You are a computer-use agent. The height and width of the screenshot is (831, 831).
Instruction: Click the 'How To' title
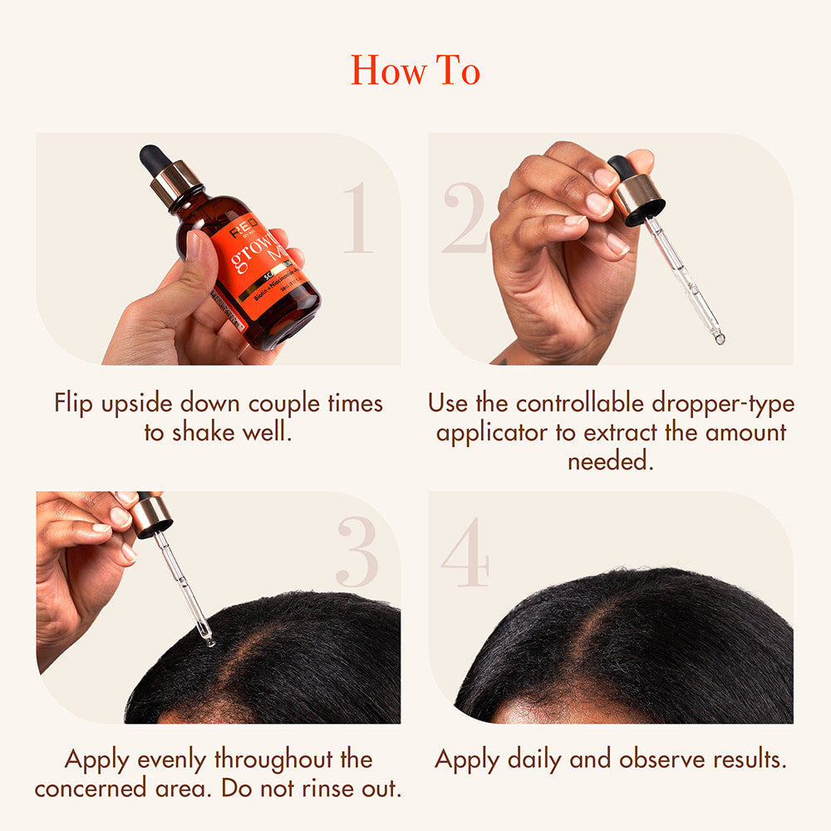click(415, 70)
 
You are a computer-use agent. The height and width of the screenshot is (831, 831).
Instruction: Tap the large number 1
click(358, 219)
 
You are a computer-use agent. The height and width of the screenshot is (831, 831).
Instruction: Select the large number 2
click(464, 219)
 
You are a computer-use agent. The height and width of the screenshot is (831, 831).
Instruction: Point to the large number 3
click(357, 553)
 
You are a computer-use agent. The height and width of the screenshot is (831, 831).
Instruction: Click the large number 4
click(465, 553)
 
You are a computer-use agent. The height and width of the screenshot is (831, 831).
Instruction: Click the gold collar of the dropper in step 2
click(638, 197)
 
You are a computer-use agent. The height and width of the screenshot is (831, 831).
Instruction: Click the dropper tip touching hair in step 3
click(209, 640)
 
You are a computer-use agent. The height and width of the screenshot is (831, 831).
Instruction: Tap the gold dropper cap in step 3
click(152, 515)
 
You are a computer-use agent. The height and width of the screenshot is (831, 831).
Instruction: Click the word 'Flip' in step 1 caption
click(75, 404)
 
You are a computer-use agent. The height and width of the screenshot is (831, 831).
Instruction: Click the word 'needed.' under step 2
click(611, 462)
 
